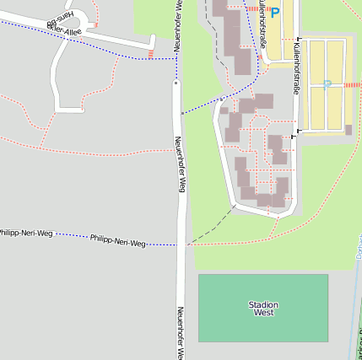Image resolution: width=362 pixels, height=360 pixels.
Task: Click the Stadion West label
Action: [263, 308]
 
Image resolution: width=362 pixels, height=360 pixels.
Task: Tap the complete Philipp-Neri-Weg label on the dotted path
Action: [117, 241]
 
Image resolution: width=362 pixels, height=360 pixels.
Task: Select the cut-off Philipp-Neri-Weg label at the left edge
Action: [25, 232]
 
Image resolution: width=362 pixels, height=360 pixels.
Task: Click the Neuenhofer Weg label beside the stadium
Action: [181, 332]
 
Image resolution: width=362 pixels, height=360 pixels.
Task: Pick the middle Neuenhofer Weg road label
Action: [180, 164]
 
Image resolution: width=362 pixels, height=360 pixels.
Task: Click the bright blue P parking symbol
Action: [274, 13]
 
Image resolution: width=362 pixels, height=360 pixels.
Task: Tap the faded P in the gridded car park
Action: [327, 84]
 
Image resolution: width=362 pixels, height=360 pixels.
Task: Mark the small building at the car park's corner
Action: [348, 130]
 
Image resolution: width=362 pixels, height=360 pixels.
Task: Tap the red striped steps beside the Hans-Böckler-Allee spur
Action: [150, 55]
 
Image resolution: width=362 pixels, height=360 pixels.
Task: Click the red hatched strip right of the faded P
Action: [352, 85]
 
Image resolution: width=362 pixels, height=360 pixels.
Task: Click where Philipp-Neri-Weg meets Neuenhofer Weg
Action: [181, 245]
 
